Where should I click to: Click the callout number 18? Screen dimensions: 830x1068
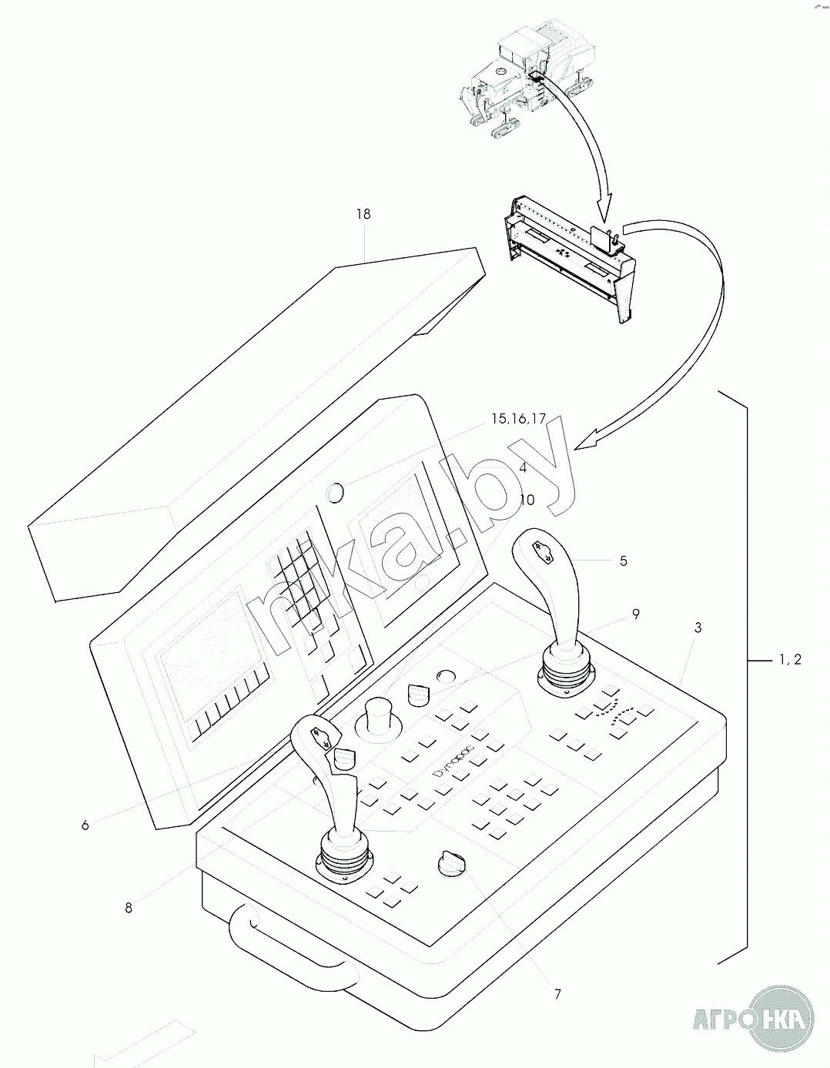[363, 214]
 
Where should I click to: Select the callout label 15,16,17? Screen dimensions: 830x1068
[518, 419]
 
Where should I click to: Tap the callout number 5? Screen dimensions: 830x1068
[624, 561]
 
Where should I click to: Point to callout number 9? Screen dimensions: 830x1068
[635, 614]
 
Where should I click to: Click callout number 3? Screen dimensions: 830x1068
[698, 628]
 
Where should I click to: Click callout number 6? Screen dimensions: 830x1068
[85, 825]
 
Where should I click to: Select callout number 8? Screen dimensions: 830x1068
[129, 908]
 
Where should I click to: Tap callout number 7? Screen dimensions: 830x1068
[557, 994]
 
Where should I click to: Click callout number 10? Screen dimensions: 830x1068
[527, 500]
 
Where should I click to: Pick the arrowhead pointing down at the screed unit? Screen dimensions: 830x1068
[605, 207]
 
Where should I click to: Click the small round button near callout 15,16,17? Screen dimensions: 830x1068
[336, 490]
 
